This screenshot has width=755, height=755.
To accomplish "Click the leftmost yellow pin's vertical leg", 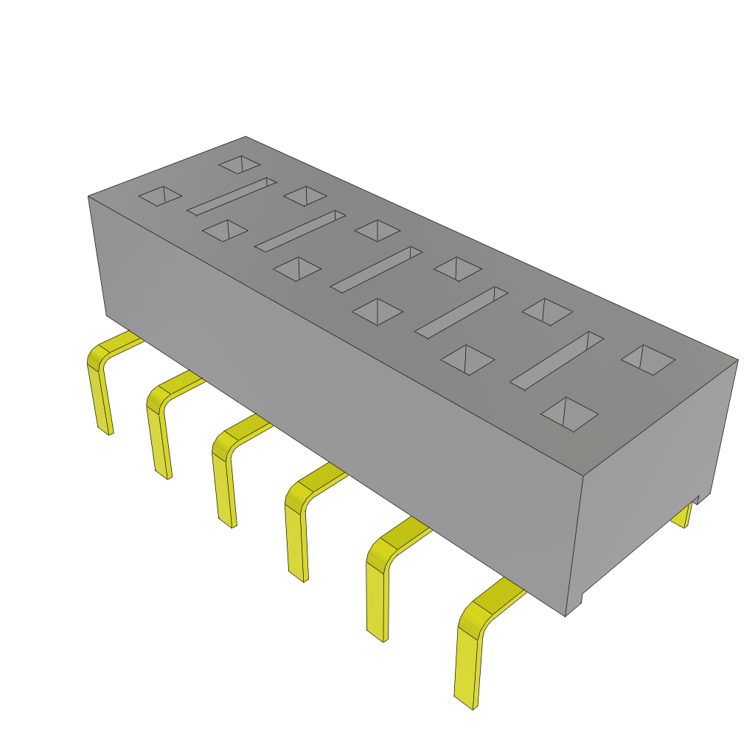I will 101,398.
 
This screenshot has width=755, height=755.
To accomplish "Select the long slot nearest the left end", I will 232,196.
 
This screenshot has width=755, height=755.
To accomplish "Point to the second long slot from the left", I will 300,231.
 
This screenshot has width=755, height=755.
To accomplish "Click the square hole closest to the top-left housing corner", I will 161,196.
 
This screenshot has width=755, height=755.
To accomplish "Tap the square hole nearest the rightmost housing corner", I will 648,361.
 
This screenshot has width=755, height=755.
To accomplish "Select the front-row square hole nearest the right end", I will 569,414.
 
